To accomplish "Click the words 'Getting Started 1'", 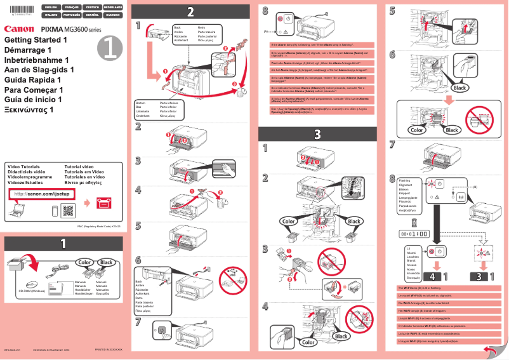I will [36, 40].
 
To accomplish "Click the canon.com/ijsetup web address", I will [38, 194].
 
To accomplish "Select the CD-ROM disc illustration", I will [32, 284].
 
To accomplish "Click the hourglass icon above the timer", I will [414, 222].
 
